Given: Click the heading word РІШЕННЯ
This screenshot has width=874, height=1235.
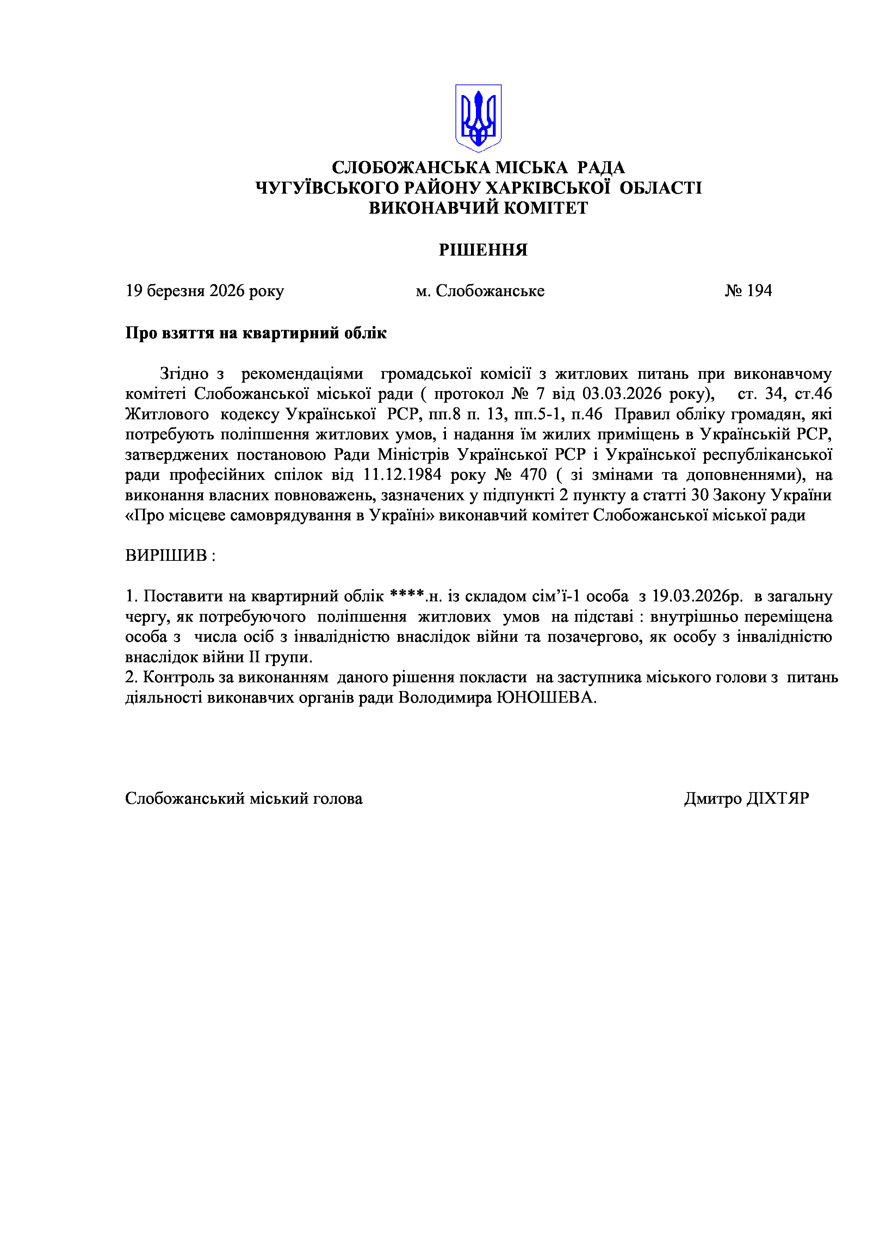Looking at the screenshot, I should click(483, 250).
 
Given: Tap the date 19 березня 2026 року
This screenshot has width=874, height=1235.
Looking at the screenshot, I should click(205, 291).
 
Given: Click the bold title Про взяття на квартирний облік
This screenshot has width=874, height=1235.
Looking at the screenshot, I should click(256, 333).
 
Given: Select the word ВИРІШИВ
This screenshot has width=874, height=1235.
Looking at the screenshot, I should click(166, 555).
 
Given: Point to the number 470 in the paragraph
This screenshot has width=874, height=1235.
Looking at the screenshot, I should click(533, 475).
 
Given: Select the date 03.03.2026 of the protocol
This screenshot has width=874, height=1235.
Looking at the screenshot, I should click(622, 394).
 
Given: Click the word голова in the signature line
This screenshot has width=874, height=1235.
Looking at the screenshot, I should click(338, 798).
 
